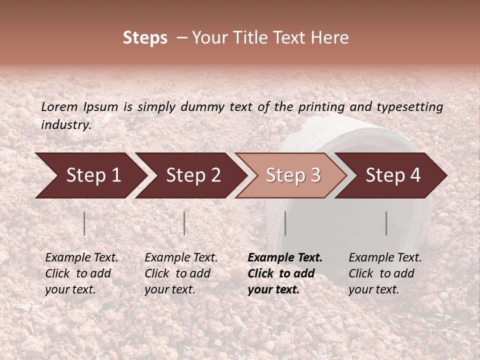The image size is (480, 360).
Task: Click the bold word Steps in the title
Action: pos(145,38)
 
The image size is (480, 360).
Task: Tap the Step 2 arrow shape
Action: pos(192,175)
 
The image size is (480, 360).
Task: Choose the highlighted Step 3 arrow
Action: pos(292,175)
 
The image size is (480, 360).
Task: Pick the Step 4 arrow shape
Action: pos(393,175)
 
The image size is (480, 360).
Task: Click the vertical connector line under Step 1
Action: pos(84,223)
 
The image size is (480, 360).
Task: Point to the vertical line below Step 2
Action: pos(184,223)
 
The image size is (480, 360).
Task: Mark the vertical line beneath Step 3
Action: pos(285,223)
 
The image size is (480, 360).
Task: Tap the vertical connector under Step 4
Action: pos(386,223)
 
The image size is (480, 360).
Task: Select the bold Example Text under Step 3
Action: pos(285,273)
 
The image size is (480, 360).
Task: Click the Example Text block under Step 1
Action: pos(81,273)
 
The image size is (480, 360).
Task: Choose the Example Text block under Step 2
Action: pos(181,273)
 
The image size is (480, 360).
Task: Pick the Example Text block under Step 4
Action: pos(385,273)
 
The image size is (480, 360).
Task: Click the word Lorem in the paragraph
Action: pos(59,107)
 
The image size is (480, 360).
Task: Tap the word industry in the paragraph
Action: pos(66,125)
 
